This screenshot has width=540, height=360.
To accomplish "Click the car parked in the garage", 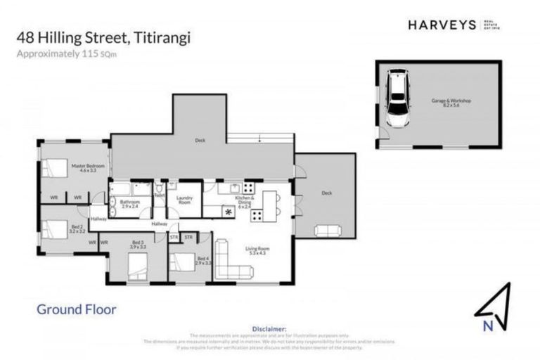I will (398, 99).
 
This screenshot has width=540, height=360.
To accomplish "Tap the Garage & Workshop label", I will (451, 103).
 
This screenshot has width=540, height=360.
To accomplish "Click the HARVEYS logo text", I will (441, 25).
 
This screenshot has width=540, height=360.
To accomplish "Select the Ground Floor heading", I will (76, 309).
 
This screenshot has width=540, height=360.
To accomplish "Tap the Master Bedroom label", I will (88, 167).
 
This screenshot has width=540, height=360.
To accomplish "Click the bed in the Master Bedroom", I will (53, 169).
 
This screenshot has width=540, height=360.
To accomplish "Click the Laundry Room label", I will (185, 200).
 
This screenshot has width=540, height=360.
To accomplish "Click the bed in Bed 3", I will (138, 265).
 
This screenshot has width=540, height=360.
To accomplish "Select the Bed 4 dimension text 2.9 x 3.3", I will (203, 263).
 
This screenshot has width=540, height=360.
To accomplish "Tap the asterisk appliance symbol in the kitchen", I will (227, 210).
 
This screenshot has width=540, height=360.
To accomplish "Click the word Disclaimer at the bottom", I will (270, 328).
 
